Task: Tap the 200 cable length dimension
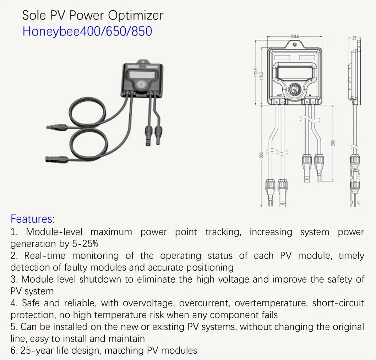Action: (333, 142)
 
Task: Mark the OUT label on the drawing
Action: (279, 95)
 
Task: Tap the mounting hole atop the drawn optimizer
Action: (295, 44)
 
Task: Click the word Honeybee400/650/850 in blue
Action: (87, 31)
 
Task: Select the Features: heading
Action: (32, 218)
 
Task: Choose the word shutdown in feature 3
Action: (100, 279)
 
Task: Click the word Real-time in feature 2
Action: (45, 256)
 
